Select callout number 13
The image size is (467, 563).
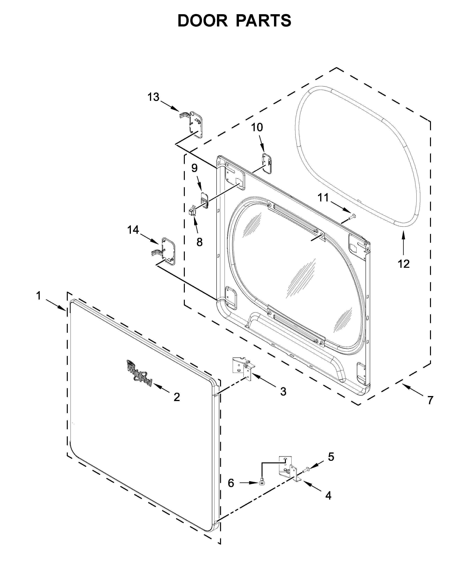153,97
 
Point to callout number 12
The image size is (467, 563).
404,264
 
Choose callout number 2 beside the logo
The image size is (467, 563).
176,397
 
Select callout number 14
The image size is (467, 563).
133,230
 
